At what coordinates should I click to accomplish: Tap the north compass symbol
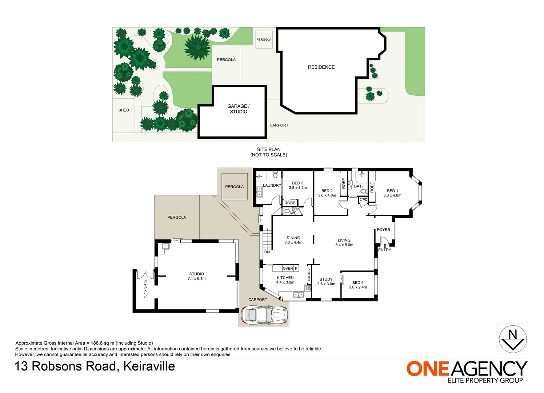513,339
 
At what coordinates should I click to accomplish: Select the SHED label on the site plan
124,110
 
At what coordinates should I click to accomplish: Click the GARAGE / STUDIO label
239,109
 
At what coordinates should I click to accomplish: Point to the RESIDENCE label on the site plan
321,67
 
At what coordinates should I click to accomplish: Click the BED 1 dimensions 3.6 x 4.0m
392,195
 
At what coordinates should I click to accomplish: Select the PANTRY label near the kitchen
309,274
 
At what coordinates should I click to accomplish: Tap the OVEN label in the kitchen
288,268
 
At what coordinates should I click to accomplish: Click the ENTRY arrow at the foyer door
385,246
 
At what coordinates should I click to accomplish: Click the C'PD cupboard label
363,199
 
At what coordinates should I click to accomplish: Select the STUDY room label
326,279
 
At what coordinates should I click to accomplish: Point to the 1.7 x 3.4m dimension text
145,289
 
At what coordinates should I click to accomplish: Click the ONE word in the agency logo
428,369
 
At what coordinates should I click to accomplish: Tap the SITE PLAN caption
269,149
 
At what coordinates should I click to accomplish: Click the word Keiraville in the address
149,366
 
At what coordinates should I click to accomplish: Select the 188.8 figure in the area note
97,343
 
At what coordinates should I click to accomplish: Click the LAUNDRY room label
272,185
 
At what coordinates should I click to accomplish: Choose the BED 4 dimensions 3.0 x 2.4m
358,287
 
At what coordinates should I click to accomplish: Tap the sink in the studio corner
166,246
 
